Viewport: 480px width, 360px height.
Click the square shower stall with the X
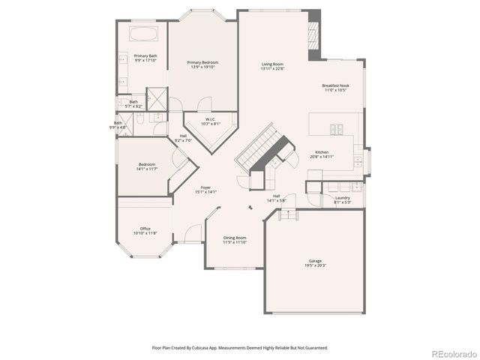pyautogui.click(x=156, y=99)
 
